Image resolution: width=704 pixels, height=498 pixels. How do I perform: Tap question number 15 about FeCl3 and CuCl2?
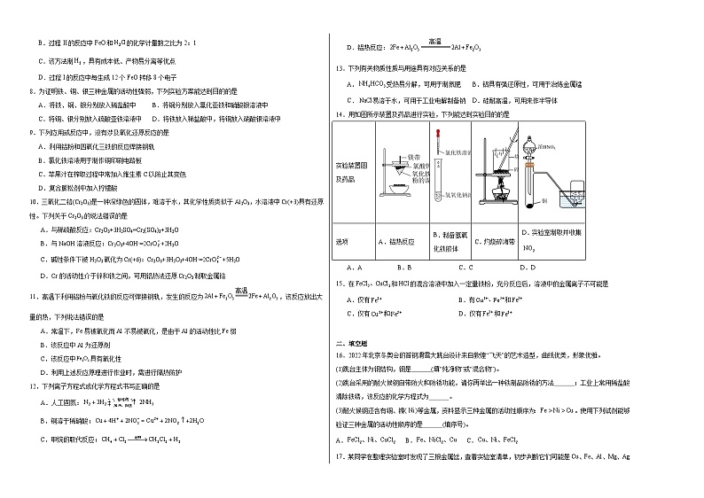338,284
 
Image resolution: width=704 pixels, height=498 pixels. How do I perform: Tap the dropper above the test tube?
439,140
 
